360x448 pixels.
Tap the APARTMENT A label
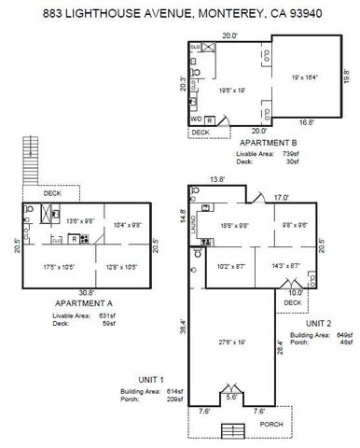84,305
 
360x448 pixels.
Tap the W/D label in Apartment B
196,119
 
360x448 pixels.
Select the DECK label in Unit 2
292,302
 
